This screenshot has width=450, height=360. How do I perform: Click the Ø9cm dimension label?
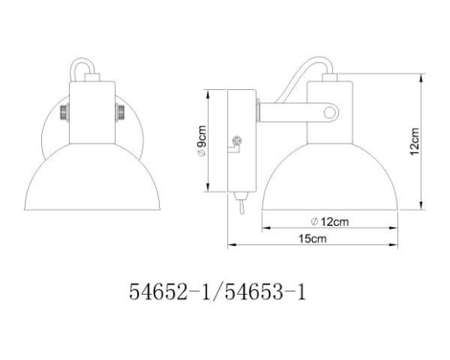pyautogui.click(x=201, y=142)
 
